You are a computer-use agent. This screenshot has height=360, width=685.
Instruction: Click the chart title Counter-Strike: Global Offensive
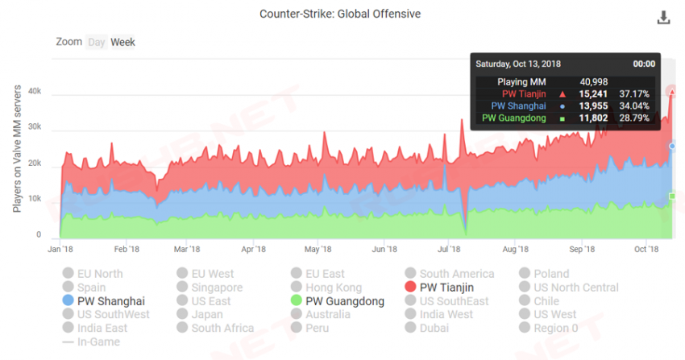[340, 14]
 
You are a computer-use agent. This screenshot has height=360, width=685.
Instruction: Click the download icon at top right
[663, 18]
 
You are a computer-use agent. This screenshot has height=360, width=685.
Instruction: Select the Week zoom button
[122, 42]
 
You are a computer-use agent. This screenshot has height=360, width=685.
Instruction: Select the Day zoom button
[97, 42]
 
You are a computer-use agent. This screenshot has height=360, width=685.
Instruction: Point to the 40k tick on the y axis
[34, 93]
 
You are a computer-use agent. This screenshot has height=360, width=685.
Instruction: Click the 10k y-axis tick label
[34, 198]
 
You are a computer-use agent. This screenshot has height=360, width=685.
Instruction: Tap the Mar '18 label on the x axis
[187, 250]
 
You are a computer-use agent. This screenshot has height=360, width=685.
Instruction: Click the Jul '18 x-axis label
[450, 250]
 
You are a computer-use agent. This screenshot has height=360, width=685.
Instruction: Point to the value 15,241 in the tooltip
[590, 93]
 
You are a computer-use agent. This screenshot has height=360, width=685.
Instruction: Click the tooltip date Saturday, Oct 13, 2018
[518, 64]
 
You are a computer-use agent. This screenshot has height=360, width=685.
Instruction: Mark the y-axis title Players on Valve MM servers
[17, 151]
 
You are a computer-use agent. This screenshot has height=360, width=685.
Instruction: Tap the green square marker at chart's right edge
[672, 196]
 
